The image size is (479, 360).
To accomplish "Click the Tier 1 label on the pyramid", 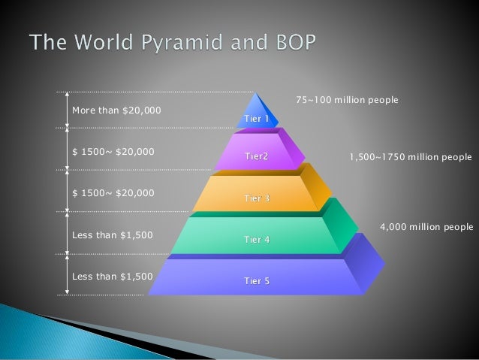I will (256, 119).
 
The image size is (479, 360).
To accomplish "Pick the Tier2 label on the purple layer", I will (256, 157).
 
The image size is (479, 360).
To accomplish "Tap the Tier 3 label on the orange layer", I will (256, 198).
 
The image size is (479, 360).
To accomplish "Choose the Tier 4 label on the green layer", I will (256, 240).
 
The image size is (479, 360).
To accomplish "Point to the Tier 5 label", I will (256, 281).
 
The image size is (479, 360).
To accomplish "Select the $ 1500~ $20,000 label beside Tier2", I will (113, 152).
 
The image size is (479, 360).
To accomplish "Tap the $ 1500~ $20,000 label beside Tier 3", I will (113, 193).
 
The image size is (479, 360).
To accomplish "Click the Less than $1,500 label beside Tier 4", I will (112, 235).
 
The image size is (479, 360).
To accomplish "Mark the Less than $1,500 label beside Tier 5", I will (112, 276).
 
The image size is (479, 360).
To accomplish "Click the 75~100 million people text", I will (347, 100).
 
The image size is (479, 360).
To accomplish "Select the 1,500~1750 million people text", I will (411, 158).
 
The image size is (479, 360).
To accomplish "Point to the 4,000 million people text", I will (426, 226).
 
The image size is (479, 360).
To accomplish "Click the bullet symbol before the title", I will (17, 41).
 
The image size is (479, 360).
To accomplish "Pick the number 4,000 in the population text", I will (393, 226).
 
